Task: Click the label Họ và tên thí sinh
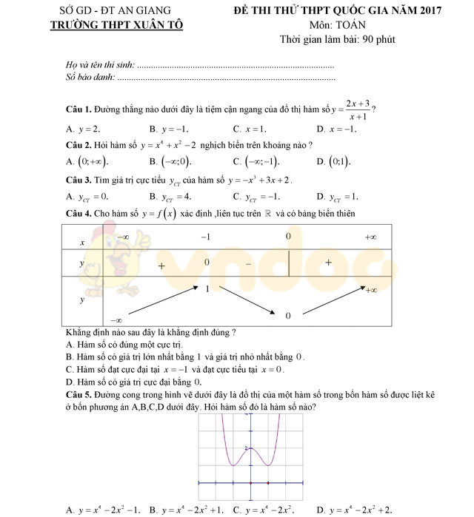[100, 65]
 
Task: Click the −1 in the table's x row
[207, 237]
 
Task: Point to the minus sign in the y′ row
[249, 263]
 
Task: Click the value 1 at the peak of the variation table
[208, 288]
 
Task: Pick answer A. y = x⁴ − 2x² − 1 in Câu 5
[103, 510]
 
